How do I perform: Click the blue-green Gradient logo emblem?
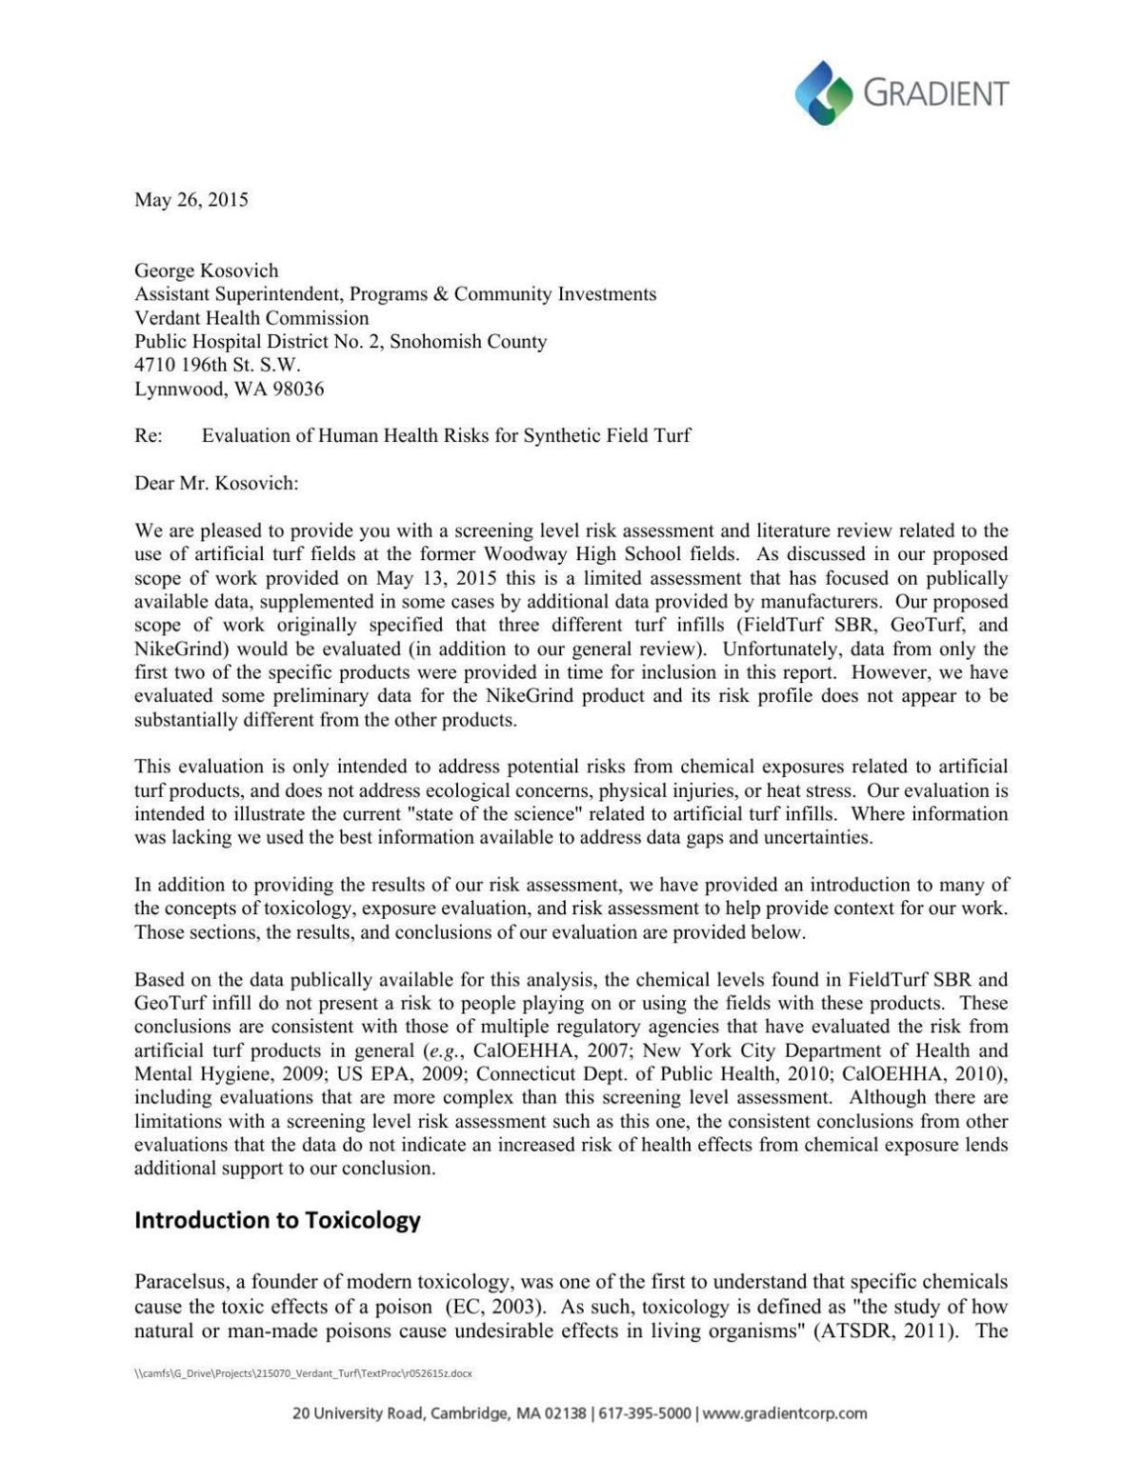point(824,92)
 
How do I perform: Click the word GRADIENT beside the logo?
point(935,93)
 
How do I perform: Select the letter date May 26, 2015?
point(191,200)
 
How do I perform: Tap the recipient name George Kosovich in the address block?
point(207,270)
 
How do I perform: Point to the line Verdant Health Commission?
point(251,318)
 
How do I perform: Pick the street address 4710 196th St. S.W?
point(217,365)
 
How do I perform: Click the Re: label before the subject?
point(149,436)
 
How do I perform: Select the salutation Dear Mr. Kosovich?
point(216,483)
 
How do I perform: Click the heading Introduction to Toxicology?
point(277,1220)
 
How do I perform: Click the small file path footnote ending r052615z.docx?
point(303,1373)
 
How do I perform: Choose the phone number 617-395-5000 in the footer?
point(647,1413)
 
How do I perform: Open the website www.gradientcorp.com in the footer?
point(785,1413)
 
